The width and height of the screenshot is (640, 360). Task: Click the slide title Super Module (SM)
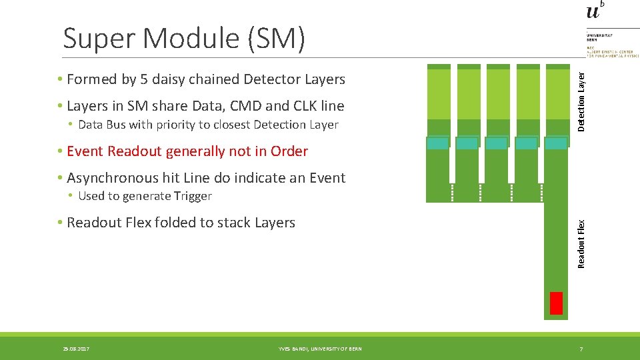pos(184,38)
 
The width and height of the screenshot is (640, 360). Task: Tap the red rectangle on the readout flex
pos(556,303)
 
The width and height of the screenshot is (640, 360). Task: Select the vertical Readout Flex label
pos(581,244)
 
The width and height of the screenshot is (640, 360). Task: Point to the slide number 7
pos(581,349)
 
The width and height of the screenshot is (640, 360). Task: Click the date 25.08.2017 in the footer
pos(76,349)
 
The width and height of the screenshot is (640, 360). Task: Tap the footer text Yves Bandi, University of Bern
pos(320,349)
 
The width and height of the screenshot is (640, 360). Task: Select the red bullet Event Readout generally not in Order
pos(187,151)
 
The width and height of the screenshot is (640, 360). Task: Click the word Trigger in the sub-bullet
pos(193,196)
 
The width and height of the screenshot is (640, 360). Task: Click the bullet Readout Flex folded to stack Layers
pos(181,223)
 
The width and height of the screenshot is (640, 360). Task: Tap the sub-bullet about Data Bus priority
pos(208,125)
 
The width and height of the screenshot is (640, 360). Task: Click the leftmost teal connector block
pos(437,143)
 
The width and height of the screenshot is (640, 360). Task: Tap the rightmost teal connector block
pos(556,143)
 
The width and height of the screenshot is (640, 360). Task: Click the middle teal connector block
pos(496,143)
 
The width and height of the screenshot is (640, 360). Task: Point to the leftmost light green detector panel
pos(439,94)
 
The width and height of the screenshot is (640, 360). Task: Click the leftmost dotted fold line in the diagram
pos(451,192)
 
